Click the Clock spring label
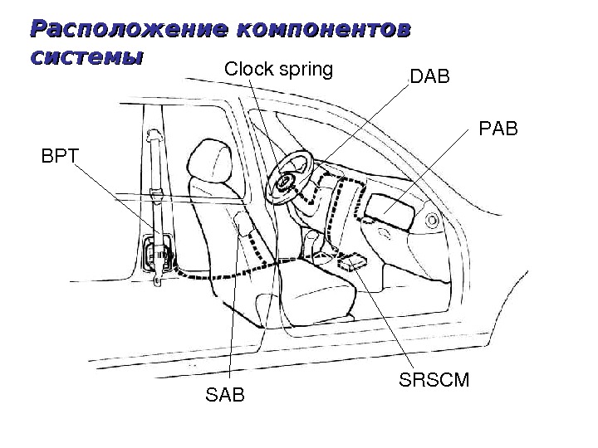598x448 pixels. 278,70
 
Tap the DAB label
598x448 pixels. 429,78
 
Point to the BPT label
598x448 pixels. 57,155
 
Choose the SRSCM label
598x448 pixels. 434,381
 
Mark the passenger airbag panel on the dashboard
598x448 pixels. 390,207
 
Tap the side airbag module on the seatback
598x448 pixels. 244,226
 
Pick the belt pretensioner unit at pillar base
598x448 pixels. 158,252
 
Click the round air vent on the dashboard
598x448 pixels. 432,222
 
